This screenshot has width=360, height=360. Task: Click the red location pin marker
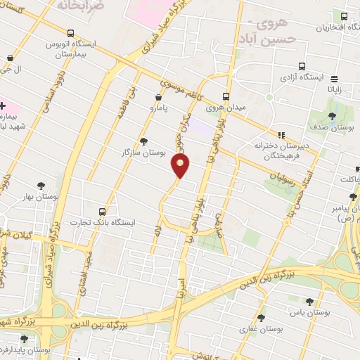coord(181,165)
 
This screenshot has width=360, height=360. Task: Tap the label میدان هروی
coord(224,108)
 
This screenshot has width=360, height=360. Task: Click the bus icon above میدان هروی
coord(226,97)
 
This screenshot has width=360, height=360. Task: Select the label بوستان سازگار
coord(143,152)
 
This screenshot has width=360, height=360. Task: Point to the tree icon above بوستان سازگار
coord(144,141)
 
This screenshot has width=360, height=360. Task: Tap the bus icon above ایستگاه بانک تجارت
coord(103,212)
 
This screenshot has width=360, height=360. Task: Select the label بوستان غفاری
coord(261,328)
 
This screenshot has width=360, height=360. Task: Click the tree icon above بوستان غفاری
coord(261,318)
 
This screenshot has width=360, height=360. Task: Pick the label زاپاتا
coord(335,89)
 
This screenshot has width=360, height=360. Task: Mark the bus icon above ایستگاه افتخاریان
coord(344,17)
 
